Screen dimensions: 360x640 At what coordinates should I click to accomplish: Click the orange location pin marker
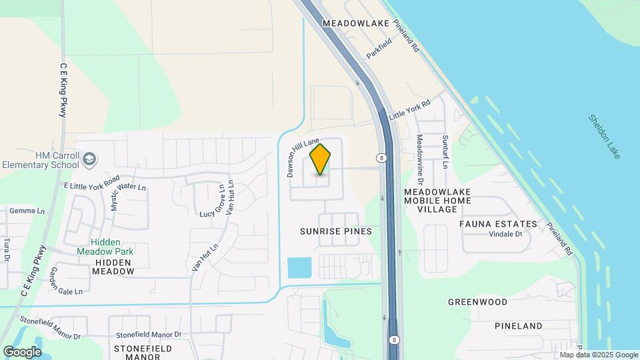(x=320, y=159)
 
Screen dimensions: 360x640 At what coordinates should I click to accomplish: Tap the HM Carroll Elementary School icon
(x=89, y=160)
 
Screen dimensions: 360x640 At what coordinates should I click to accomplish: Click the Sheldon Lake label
(x=605, y=136)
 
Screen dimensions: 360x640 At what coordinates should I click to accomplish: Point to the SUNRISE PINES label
(x=335, y=231)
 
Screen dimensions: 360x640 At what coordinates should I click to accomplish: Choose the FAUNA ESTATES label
(x=498, y=224)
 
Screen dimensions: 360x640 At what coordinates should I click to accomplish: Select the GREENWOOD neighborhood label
(x=477, y=302)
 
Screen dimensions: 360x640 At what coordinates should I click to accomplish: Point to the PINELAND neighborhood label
(x=519, y=326)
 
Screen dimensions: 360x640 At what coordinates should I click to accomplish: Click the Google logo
(x=22, y=351)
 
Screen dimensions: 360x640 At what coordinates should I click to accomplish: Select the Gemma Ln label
(x=27, y=211)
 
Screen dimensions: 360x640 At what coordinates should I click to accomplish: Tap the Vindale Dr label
(x=505, y=234)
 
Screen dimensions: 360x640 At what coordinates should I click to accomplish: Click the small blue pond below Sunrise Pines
(x=299, y=267)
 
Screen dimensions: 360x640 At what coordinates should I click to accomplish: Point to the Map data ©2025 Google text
(x=598, y=355)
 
